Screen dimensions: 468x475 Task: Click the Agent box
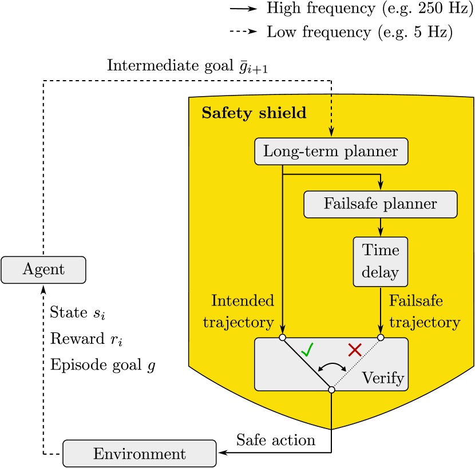[43, 270]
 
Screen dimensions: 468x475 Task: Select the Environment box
[139, 454]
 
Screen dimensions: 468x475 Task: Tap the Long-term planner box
[331, 152]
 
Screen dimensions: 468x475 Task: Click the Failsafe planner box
[380, 204]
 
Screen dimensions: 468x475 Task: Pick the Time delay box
[380, 261]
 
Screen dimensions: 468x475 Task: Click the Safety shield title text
[254, 113]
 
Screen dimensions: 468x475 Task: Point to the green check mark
[307, 349]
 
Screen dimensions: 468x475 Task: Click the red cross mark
[355, 349]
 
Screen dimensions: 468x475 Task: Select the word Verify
[383, 378]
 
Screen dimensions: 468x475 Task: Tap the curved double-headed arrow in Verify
[332, 366]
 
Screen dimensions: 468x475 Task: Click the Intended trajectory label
[239, 312]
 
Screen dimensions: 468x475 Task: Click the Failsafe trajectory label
[424, 312]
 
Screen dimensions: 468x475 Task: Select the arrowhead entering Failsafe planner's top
[381, 185]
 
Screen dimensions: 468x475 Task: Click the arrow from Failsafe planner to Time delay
[381, 227]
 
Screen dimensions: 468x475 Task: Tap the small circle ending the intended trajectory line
[282, 338]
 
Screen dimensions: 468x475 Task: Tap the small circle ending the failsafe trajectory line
[381, 338]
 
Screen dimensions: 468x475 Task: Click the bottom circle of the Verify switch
[331, 390]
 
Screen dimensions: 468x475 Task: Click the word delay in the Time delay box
[380, 272]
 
